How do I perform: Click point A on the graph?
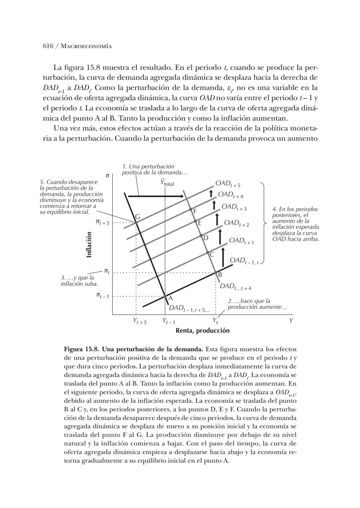(x=165, y=296)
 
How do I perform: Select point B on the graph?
(x=215, y=273)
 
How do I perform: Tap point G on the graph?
(x=136, y=222)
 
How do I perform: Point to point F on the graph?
(x=191, y=209)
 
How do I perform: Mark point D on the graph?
(x=201, y=236)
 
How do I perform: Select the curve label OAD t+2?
(x=236, y=223)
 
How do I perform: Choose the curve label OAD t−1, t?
(x=244, y=261)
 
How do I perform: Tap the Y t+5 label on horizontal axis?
(x=139, y=321)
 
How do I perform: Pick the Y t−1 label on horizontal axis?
(x=169, y=321)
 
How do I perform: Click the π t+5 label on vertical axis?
(x=102, y=222)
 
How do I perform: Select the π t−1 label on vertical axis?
(x=102, y=296)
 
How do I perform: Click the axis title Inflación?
(x=89, y=244)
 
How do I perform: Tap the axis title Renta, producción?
(x=202, y=331)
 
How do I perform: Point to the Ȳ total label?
(x=167, y=183)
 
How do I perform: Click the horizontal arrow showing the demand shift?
(x=156, y=196)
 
